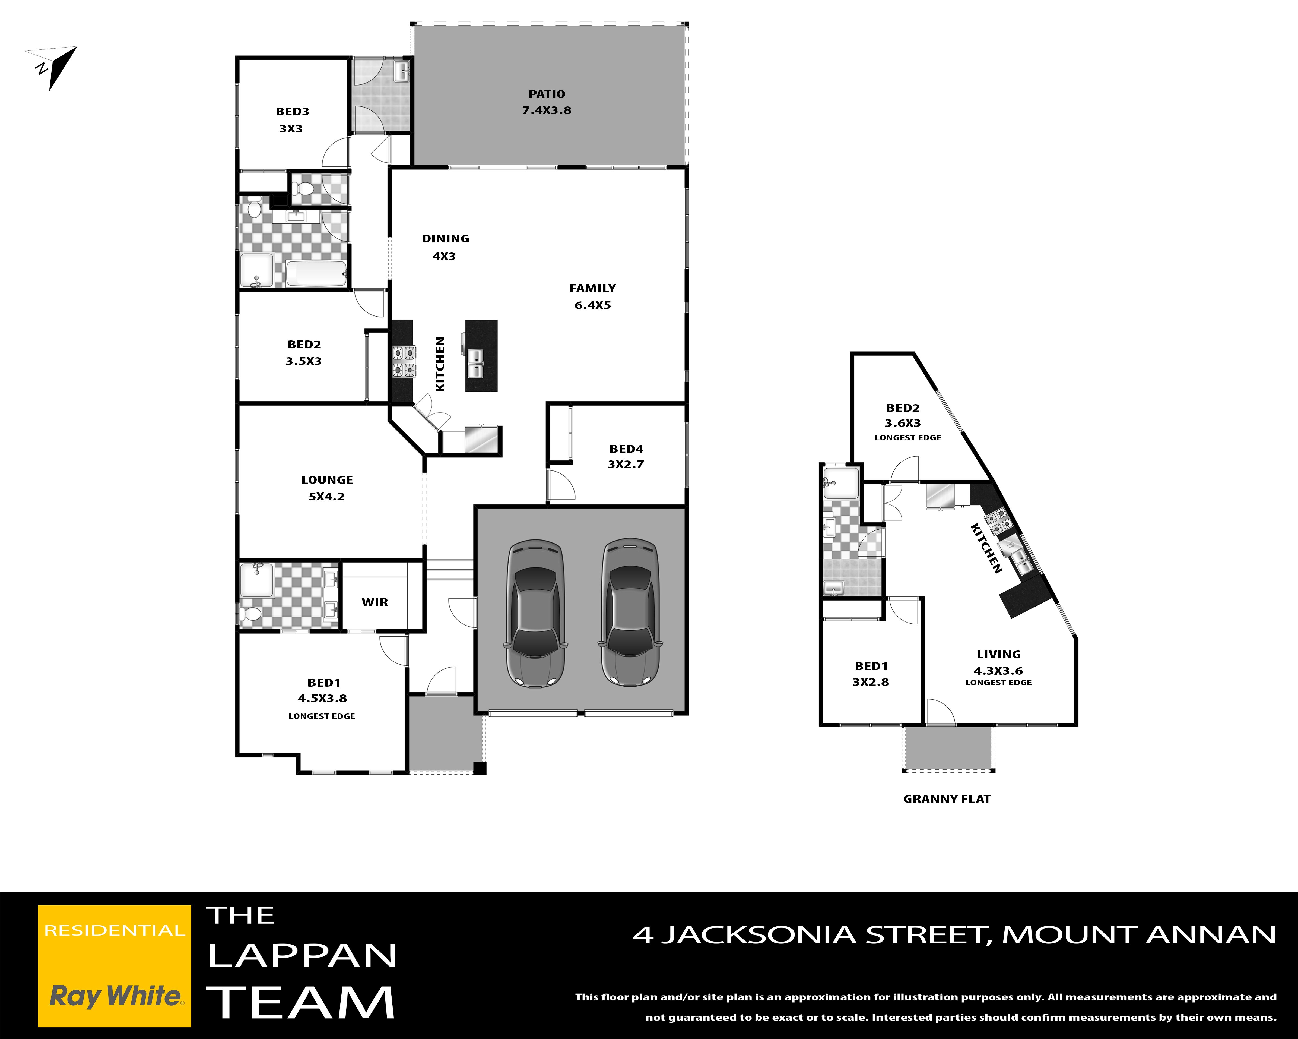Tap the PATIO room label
coord(547,94)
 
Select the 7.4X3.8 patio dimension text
coord(547,110)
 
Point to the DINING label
coord(446,239)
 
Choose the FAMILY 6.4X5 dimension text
coord(592,305)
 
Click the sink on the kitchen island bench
coord(475,363)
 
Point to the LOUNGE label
coord(327,480)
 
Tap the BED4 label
coord(626,449)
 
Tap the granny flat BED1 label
coord(871,666)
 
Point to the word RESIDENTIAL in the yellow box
coord(115,931)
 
